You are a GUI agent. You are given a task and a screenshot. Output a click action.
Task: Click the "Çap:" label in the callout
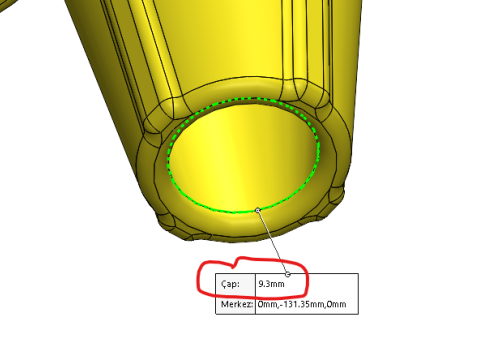pyautogui.click(x=230, y=284)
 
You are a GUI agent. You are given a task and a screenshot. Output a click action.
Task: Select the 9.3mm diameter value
pyautogui.click(x=271, y=284)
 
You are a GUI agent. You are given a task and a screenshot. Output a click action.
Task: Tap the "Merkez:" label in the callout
pyautogui.click(x=237, y=304)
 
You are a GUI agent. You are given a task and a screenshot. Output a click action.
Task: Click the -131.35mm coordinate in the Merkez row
pyautogui.click(x=301, y=304)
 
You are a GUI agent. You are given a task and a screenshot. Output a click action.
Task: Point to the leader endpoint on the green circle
pyautogui.click(x=257, y=210)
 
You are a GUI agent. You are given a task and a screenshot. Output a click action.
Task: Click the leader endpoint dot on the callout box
pyautogui.click(x=288, y=274)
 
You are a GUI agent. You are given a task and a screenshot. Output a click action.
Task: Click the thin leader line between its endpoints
pyautogui.click(x=273, y=242)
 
